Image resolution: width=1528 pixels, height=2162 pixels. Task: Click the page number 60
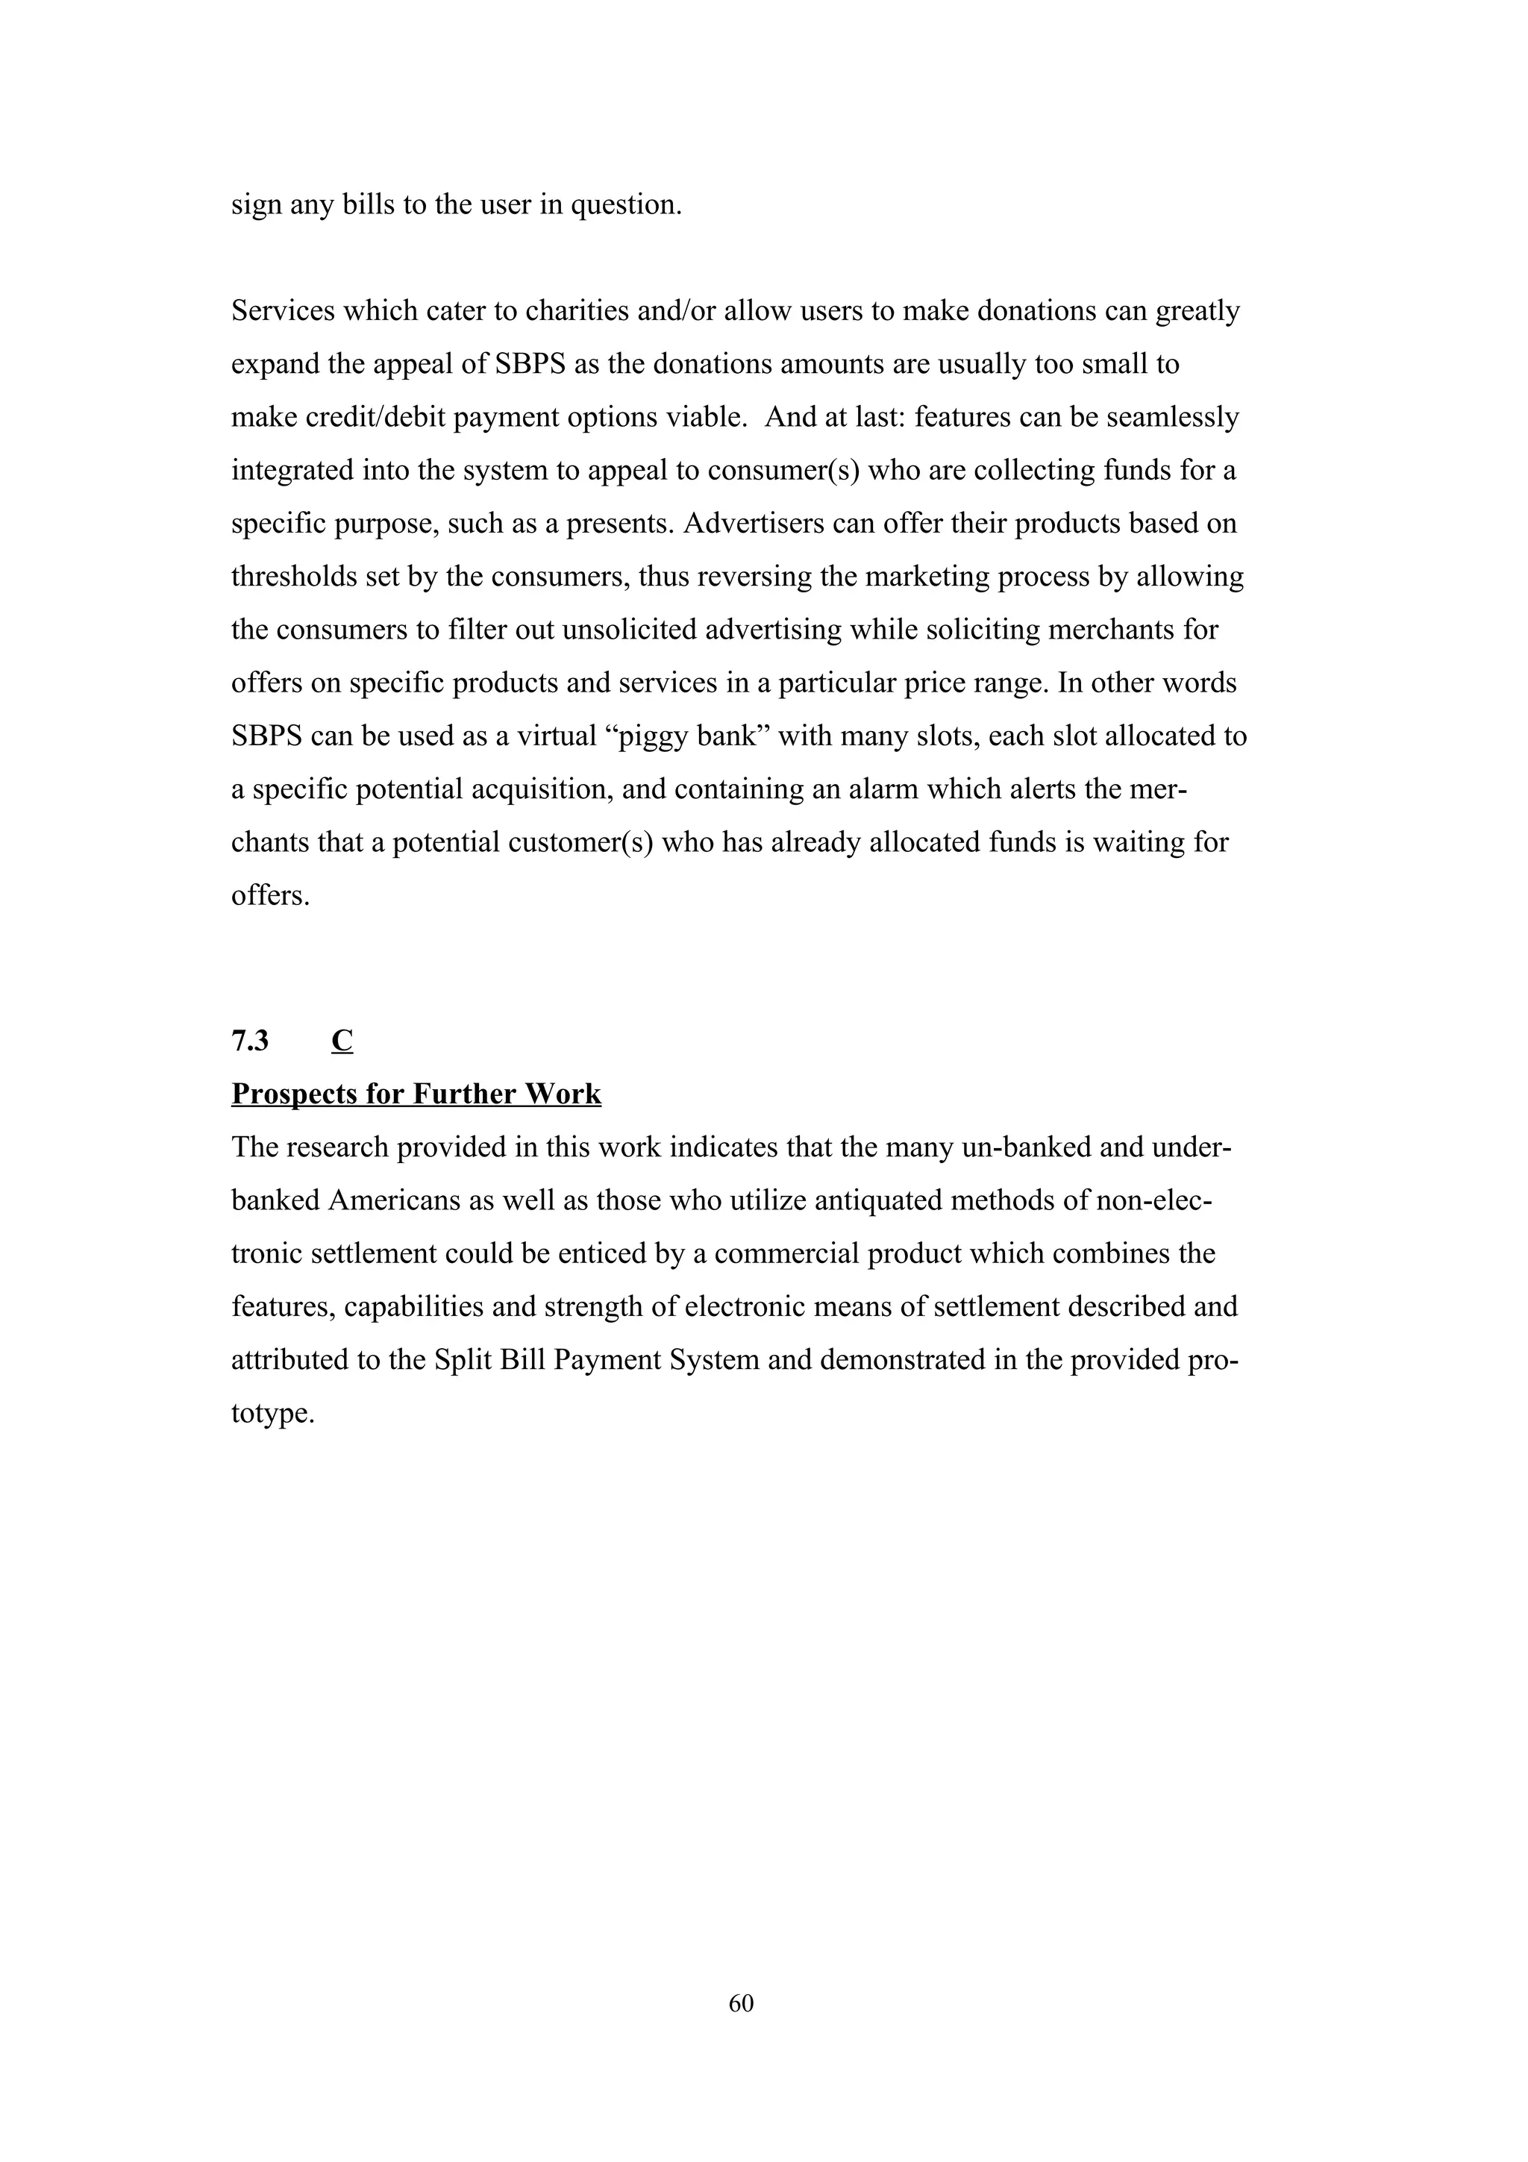coord(741,2003)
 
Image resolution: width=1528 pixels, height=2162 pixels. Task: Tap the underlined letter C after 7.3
coord(342,1041)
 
